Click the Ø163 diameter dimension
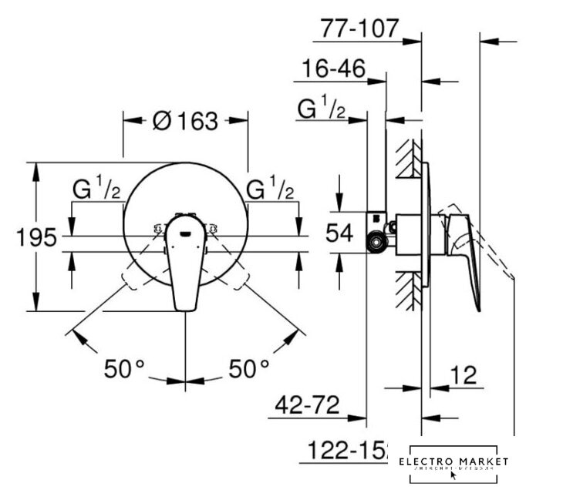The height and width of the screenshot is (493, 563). coord(185,121)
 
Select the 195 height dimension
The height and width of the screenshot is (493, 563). coord(36,237)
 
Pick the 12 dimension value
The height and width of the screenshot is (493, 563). coord(462,376)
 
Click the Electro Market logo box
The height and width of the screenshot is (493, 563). coord(458,462)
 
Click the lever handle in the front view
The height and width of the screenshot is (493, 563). coord(185,266)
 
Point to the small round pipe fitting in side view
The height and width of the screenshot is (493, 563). coord(377,243)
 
